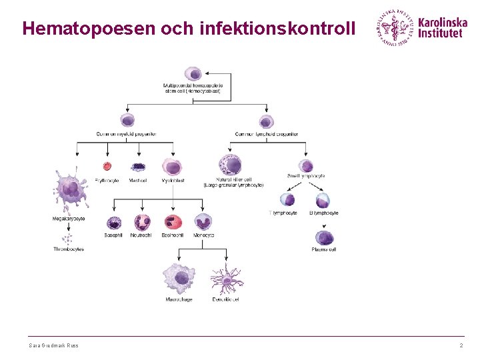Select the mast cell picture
pos(138,167)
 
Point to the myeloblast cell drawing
pos(173,167)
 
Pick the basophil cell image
pos(113,223)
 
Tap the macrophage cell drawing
pos(179,278)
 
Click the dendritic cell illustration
pos(227,280)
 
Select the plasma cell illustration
pos(324,237)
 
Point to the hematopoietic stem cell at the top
pos(193,73)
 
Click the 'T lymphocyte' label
pos(283,213)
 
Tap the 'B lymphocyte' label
pos(324,213)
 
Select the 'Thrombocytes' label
pos(69,249)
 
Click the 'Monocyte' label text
pos(203,235)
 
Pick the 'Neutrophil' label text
pos(141,235)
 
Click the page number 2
pos(461,345)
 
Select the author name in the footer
pos(53,345)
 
